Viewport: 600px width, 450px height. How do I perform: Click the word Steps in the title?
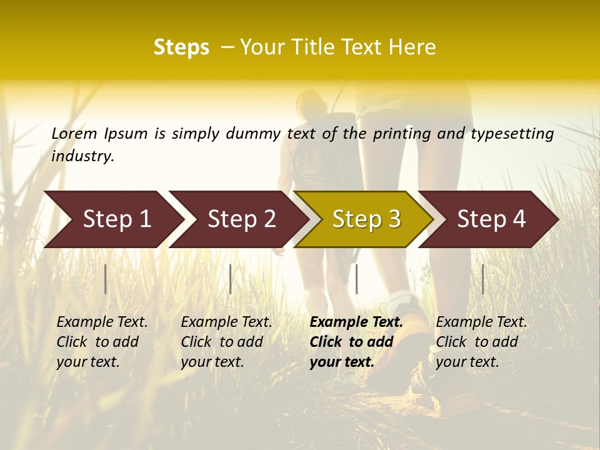coord(181,47)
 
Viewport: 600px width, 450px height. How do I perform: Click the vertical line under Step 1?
coord(106,279)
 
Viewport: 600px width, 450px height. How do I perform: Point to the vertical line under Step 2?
coord(231,279)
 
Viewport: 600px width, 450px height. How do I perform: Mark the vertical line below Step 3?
coord(356,279)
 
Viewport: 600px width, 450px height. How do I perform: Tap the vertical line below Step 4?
coord(483,279)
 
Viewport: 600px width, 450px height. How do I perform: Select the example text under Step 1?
coord(102,342)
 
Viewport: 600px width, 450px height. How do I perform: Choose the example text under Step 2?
coord(226,342)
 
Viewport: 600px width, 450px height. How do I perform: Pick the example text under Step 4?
coord(481,342)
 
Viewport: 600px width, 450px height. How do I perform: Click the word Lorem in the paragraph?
coord(74,134)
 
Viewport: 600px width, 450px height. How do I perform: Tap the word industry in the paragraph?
coord(82,156)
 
